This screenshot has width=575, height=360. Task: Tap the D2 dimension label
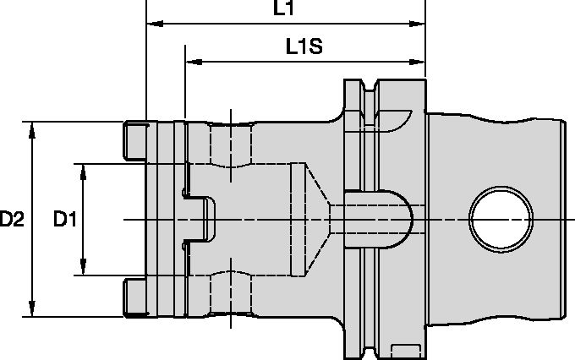click(12, 220)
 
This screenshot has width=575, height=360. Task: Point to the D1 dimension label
click(65, 220)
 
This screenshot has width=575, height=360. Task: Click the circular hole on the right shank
click(501, 219)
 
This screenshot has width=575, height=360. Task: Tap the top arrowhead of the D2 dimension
click(32, 128)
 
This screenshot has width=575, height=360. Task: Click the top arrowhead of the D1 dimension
click(83, 170)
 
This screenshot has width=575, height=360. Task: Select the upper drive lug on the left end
click(134, 140)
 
